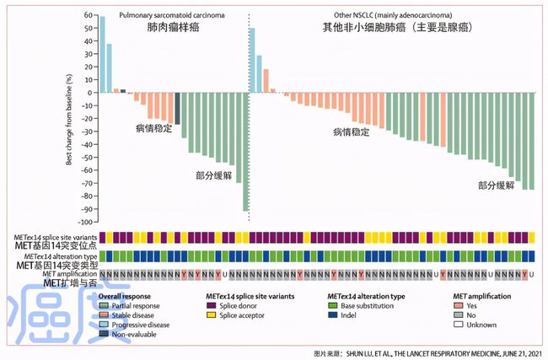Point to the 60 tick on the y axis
point(89,16)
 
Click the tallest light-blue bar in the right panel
point(252,60)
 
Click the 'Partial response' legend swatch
point(104,306)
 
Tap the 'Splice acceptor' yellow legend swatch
point(210,315)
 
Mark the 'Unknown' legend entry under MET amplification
point(476,325)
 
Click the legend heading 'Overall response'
point(125,297)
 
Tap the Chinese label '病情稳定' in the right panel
point(352,133)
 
